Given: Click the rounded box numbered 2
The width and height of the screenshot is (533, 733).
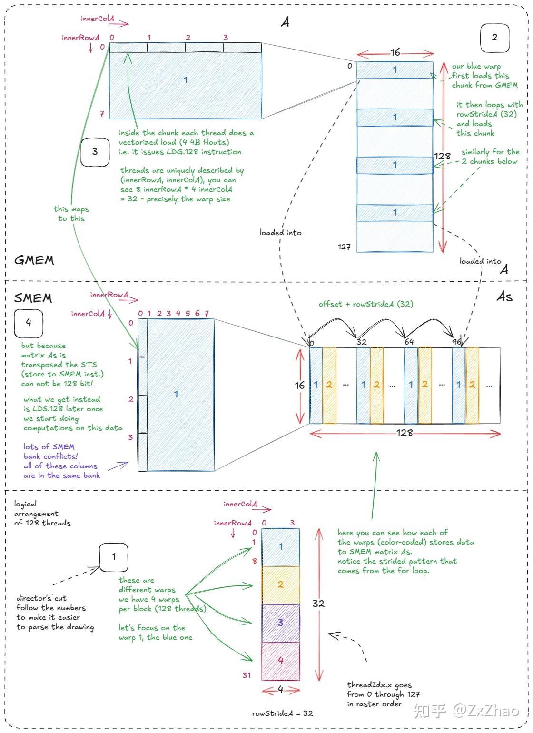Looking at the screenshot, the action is click(494, 38).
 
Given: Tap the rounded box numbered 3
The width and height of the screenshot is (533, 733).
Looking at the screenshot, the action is click(95, 152).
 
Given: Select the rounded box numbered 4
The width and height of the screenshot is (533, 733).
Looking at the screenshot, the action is click(29, 323).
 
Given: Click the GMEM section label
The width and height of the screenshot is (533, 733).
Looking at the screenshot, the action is click(34, 260).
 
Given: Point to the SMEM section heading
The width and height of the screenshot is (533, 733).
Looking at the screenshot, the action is click(33, 298).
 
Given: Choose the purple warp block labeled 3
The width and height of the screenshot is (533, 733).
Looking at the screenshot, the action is click(280, 623).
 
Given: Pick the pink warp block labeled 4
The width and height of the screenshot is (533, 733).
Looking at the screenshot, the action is click(280, 661).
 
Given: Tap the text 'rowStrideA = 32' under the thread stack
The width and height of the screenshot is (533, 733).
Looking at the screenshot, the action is click(282, 713).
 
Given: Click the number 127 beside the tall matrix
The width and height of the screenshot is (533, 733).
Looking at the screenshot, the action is click(344, 247).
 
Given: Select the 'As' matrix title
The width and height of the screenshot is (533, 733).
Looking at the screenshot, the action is click(504, 297).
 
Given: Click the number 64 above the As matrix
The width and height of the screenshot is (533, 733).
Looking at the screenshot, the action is click(409, 342).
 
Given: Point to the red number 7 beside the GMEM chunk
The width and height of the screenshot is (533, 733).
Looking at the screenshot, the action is click(102, 114).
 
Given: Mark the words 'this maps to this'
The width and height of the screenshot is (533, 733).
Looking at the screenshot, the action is click(71, 214).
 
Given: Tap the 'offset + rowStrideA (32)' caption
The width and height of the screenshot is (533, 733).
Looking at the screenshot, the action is click(366, 304).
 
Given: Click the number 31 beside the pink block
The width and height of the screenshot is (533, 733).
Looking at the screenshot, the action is click(247, 675).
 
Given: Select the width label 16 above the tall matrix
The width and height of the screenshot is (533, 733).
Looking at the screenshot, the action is click(395, 52).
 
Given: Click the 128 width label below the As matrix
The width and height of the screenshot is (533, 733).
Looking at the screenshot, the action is click(405, 433).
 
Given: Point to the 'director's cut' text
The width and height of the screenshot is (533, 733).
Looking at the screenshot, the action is click(41, 598).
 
